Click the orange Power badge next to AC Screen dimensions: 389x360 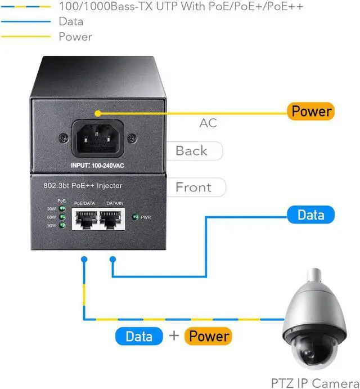311,111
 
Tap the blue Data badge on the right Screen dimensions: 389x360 310,214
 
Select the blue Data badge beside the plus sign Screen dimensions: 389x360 139,337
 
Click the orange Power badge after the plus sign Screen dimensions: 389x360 208,337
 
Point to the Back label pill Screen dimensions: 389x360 192,151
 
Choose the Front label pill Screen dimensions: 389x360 193,187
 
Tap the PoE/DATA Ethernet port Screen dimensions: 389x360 84,219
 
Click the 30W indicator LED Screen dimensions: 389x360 62,208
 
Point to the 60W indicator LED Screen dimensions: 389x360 62,217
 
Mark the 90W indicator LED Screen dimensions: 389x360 62,225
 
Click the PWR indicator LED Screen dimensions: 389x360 135,217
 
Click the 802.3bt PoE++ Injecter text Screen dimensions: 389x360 83,185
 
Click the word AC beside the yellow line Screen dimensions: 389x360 208,123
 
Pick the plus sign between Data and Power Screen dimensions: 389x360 174,337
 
